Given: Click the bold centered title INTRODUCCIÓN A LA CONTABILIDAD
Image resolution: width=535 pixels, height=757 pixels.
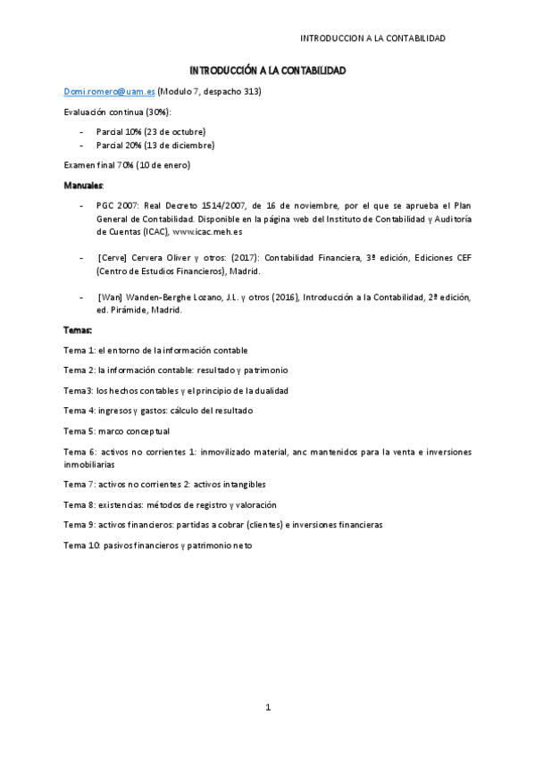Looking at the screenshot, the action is [267, 71].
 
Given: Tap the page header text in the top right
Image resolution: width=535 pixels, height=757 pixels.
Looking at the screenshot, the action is [372, 38].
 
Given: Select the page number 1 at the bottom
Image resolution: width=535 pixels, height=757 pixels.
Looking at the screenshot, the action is [267, 708].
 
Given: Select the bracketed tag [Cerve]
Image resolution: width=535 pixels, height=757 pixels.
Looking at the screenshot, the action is [113, 257].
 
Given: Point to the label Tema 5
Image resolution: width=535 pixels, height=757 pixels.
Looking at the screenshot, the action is [79, 430].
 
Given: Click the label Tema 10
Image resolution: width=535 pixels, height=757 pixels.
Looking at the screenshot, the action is [81, 545].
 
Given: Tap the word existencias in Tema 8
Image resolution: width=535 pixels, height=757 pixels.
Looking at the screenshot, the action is [121, 504].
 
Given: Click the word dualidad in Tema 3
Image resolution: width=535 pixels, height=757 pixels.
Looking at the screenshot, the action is [270, 390].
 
